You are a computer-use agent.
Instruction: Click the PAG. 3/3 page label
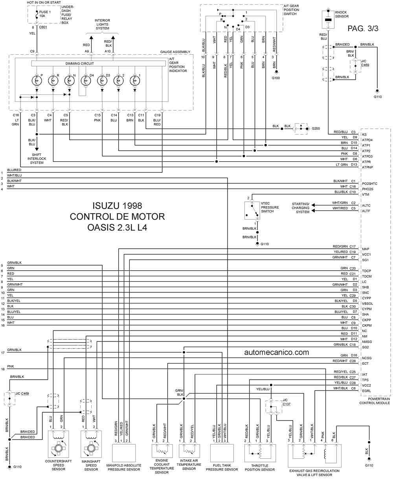click(x=363, y=28)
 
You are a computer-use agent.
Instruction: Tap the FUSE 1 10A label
click(x=45, y=14)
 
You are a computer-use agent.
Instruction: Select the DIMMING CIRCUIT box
click(x=98, y=63)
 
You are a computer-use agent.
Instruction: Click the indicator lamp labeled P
click(x=37, y=81)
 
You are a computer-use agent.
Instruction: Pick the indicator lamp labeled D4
click(x=86, y=81)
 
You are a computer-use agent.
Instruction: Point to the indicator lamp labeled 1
click(x=135, y=81)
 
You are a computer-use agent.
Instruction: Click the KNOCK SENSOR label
click(x=342, y=14)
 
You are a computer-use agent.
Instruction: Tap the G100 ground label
click(x=276, y=78)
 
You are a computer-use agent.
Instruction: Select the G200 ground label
click(x=316, y=128)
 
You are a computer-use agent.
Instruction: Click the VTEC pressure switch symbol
click(x=252, y=210)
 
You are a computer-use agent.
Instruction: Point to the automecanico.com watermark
click(x=277, y=352)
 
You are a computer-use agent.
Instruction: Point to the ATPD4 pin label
click(x=367, y=140)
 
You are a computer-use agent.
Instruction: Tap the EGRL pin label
click(x=366, y=391)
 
